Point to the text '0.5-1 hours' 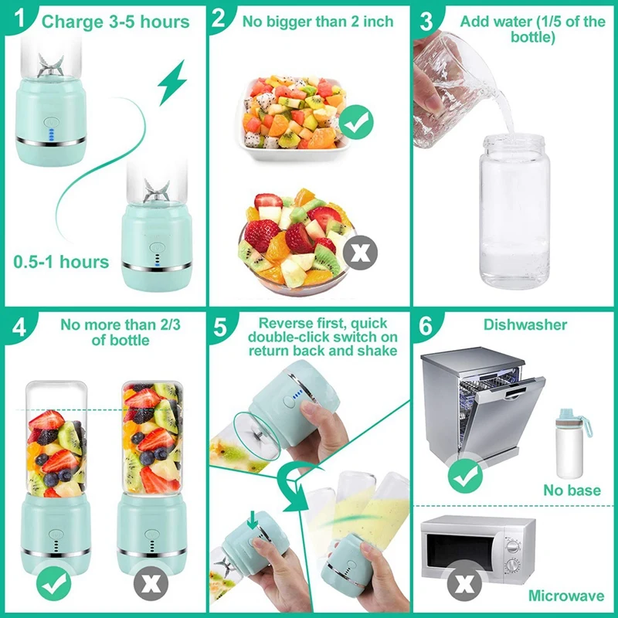(61, 262)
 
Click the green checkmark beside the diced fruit (356, 121)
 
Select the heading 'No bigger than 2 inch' (317, 21)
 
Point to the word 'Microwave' (566, 596)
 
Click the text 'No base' (571, 490)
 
